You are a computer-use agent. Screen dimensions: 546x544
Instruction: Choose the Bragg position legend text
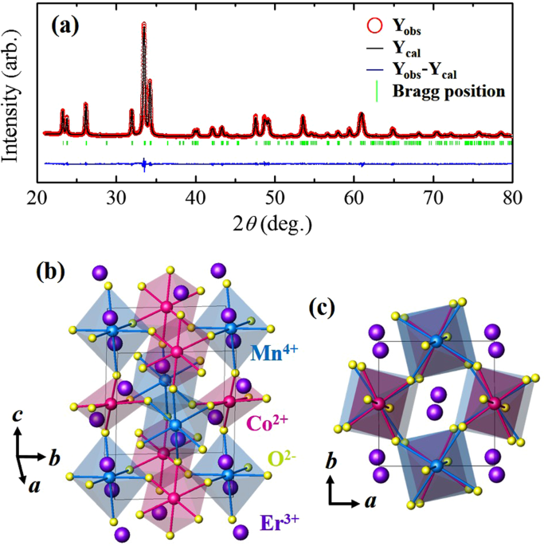pyautogui.click(x=449, y=91)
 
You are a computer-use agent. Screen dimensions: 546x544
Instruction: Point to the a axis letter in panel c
pyautogui.click(x=372, y=505)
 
